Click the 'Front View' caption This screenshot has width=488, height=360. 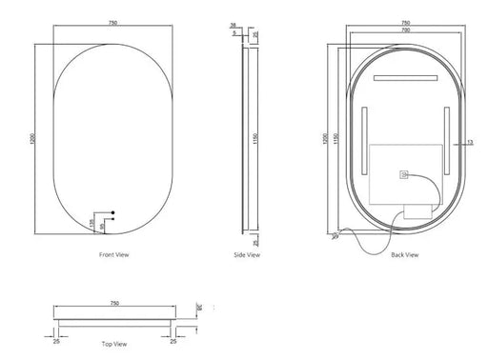[x=113, y=256]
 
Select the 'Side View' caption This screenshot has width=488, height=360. [x=247, y=256]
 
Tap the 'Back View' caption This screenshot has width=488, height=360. [x=405, y=256]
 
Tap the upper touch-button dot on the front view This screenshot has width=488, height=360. [x=112, y=212]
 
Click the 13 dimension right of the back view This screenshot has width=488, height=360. [x=471, y=143]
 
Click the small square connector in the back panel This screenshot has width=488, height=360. [x=403, y=174]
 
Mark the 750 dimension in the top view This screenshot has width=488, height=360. [x=112, y=303]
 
